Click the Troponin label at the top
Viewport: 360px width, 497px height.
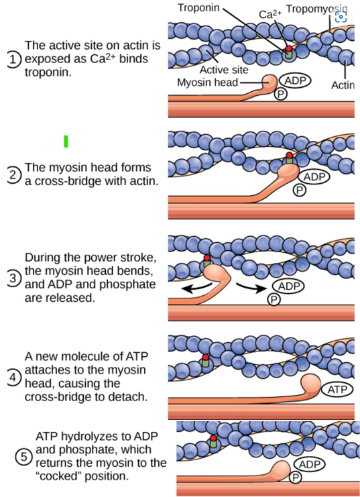pos(199,7)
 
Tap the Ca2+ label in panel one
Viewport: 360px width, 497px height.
pos(270,14)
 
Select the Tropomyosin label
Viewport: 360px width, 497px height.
pos(314,8)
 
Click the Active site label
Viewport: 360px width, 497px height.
pos(224,69)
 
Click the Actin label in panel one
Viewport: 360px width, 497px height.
pos(343,85)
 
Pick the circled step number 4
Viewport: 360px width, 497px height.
pos(13,377)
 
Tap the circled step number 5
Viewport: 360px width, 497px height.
pos(23,457)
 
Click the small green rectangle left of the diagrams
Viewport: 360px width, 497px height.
pos(66,141)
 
